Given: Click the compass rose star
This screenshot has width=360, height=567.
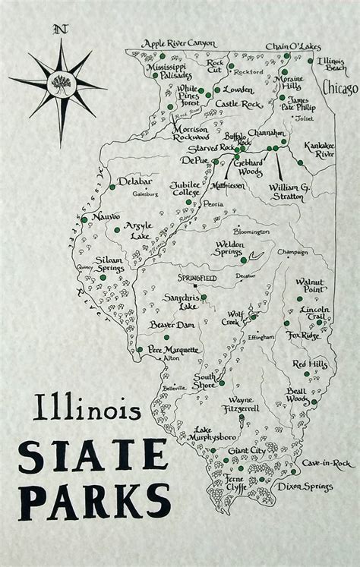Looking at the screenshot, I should (58, 80).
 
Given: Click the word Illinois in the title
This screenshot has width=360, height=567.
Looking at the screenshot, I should (87, 411).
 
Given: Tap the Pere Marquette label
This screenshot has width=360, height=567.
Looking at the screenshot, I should (173, 350).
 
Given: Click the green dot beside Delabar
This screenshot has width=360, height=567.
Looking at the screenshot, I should (112, 186).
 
